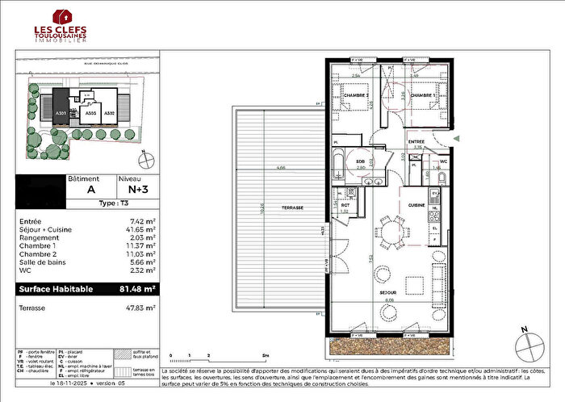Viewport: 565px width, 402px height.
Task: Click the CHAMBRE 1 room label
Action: (x=423, y=95)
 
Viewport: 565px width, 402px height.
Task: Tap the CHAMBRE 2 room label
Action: (x=355, y=95)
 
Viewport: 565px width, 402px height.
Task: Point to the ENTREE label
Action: (x=416, y=141)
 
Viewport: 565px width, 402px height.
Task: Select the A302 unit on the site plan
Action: (x=110, y=114)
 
